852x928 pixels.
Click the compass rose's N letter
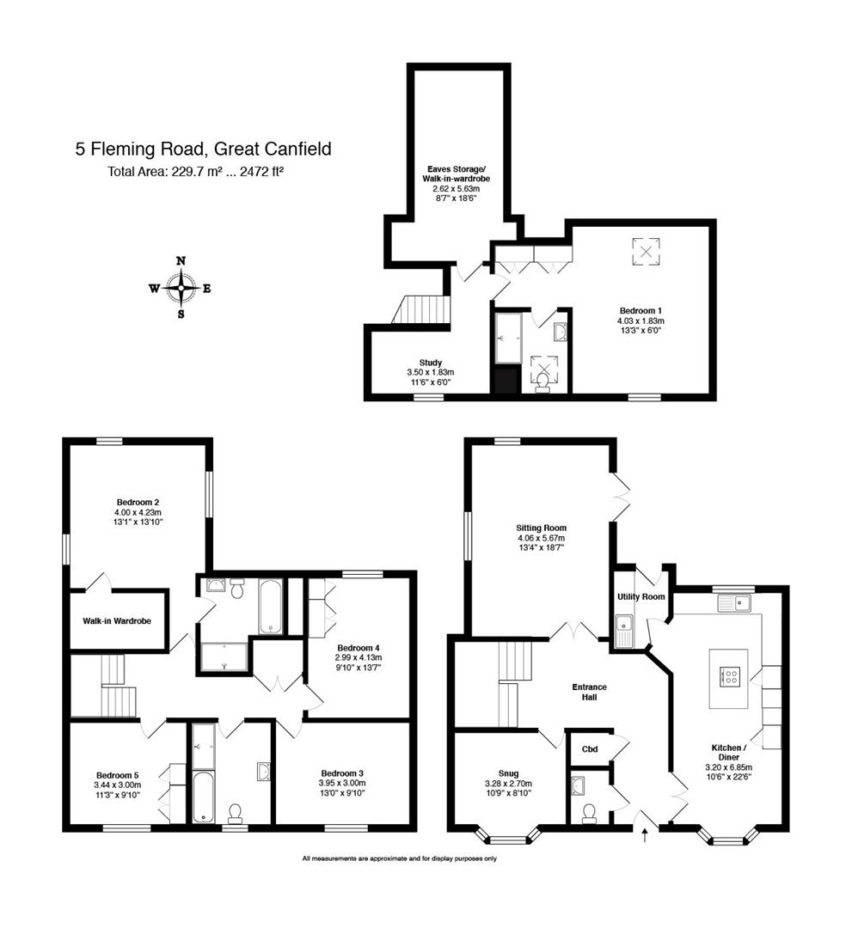pyautogui.click(x=181, y=261)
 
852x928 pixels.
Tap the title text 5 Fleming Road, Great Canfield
pyautogui.click(x=203, y=149)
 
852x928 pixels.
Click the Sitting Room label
pyautogui.click(x=541, y=528)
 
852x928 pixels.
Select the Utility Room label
pyautogui.click(x=641, y=596)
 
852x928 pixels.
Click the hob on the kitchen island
pyautogui.click(x=729, y=676)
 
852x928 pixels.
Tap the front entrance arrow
pyautogui.click(x=645, y=835)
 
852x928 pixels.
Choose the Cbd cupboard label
pyautogui.click(x=590, y=749)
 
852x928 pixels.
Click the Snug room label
pyautogui.click(x=509, y=773)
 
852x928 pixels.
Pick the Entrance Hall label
pyautogui.click(x=589, y=692)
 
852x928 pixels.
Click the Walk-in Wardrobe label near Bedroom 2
pyautogui.click(x=117, y=621)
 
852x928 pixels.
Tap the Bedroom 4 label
pyautogui.click(x=359, y=648)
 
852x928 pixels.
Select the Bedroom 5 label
pyautogui.click(x=117, y=775)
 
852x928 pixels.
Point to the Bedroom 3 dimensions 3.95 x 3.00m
pyautogui.click(x=342, y=783)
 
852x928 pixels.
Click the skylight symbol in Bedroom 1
pyautogui.click(x=646, y=251)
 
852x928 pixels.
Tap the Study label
pyautogui.click(x=431, y=363)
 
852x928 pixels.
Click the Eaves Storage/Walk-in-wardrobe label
pyautogui.click(x=456, y=174)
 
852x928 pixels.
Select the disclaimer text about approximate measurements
pyautogui.click(x=400, y=858)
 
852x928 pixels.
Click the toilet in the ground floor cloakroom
pyautogui.click(x=589, y=813)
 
